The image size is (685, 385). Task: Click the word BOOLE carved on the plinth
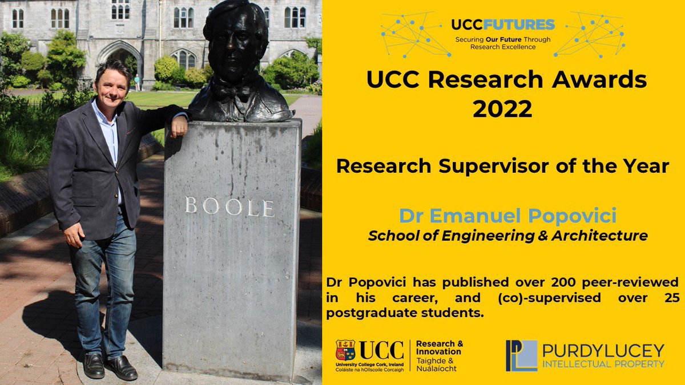click(x=229, y=206)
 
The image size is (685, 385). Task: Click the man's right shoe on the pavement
click(x=94, y=365)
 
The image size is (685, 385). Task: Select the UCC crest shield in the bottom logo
click(x=345, y=350)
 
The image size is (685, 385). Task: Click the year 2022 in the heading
click(x=502, y=108)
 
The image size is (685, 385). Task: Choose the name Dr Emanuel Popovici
click(x=508, y=216)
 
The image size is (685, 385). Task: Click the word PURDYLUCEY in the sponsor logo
click(x=603, y=350)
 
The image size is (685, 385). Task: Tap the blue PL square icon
click(x=521, y=356)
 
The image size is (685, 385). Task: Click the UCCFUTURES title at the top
click(x=502, y=25)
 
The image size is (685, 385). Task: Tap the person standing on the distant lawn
click(x=137, y=82)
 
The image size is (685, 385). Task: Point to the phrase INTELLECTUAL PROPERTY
click(x=603, y=364)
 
